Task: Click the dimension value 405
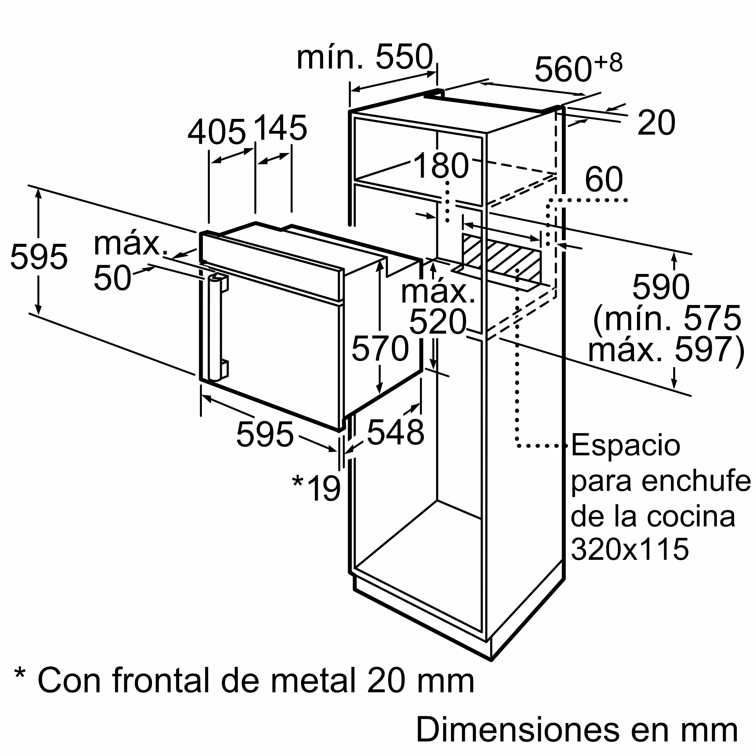pyautogui.click(x=216, y=132)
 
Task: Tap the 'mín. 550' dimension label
pyautogui.click(x=365, y=57)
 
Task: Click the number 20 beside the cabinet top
pyautogui.click(x=656, y=122)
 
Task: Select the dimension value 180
pyautogui.click(x=441, y=166)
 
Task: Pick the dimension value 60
pyautogui.click(x=603, y=179)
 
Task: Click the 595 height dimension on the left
pyautogui.click(x=39, y=257)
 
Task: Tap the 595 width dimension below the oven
pyautogui.click(x=265, y=434)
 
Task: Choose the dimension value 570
pyautogui.click(x=380, y=348)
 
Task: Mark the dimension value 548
pyautogui.click(x=396, y=432)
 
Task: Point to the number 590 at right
pyautogui.click(x=660, y=288)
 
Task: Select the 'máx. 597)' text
pyautogui.click(x=665, y=349)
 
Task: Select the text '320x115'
pyautogui.click(x=629, y=549)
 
